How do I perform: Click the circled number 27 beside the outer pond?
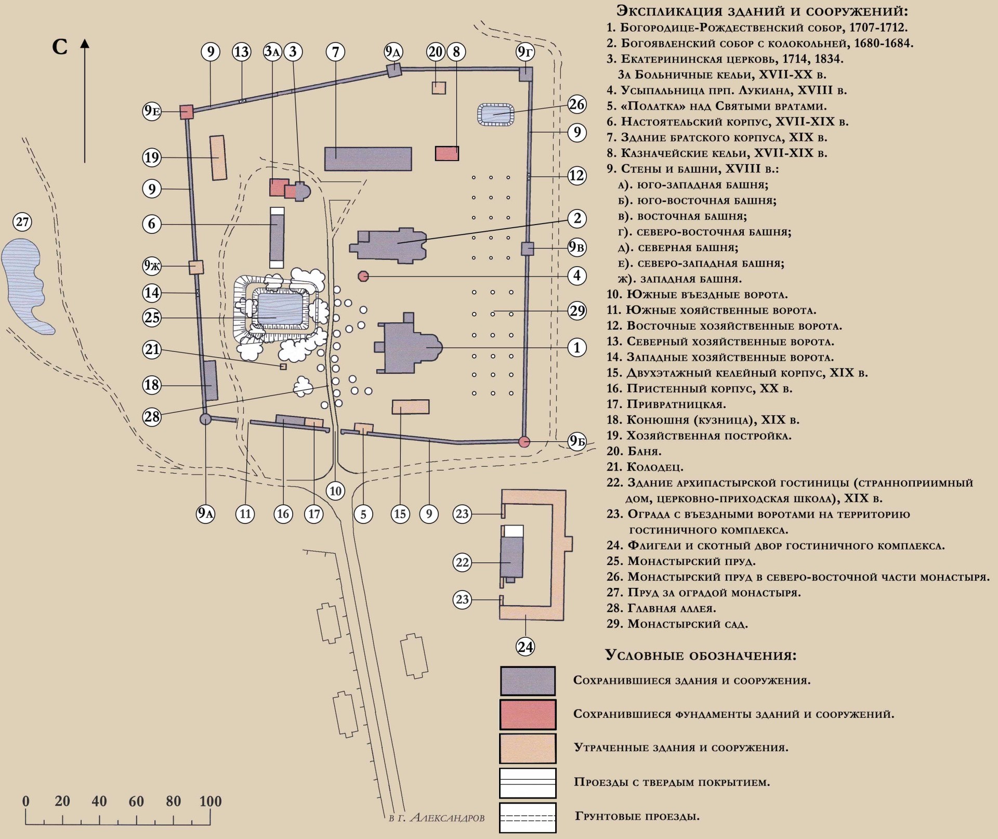pyautogui.click(x=22, y=222)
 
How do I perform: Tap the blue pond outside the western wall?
pyautogui.click(x=23, y=281)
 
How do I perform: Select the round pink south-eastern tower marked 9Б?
pyautogui.click(x=524, y=442)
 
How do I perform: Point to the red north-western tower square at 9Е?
pyautogui.click(x=187, y=112)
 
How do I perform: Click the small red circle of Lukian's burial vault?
pyautogui.click(x=363, y=276)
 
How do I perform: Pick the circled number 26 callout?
pyautogui.click(x=576, y=104)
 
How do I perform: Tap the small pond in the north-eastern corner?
pyautogui.click(x=495, y=114)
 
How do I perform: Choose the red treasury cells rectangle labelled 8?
pyautogui.click(x=447, y=153)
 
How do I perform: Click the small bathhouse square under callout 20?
pyautogui.click(x=439, y=88)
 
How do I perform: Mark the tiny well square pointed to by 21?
pyautogui.click(x=283, y=366)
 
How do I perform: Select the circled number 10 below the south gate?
pyautogui.click(x=335, y=491)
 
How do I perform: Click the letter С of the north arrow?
pyautogui.click(x=60, y=47)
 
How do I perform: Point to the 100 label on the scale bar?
pyautogui.click(x=211, y=801)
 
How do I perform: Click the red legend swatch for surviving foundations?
pyautogui.click(x=528, y=714)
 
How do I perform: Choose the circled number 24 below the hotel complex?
pyautogui.click(x=526, y=647)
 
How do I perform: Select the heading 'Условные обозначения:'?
pyautogui.click(x=700, y=655)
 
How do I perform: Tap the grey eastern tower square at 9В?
pyautogui.click(x=528, y=248)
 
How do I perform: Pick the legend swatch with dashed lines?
pyautogui.click(x=528, y=818)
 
